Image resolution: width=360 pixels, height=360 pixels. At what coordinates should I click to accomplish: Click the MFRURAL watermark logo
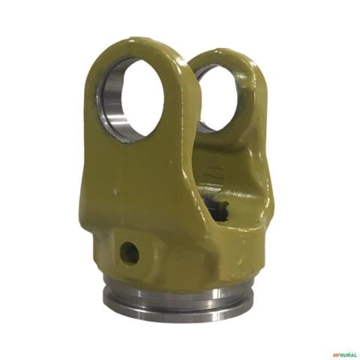point(342,354)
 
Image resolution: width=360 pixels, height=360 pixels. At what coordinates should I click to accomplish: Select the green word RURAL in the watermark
point(346,354)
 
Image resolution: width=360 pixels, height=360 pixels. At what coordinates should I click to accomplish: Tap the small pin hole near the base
point(129,253)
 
